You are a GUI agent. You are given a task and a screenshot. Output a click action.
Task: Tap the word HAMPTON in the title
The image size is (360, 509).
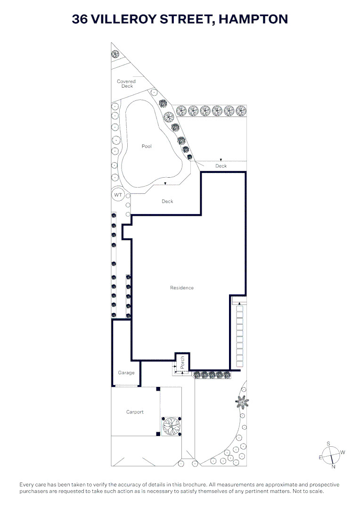[253, 19]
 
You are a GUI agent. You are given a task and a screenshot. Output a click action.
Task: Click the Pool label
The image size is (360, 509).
[147, 147]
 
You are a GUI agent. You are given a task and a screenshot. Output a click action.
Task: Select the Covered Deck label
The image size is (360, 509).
[126, 84]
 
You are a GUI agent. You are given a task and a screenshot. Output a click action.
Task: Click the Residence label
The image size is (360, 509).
[182, 287]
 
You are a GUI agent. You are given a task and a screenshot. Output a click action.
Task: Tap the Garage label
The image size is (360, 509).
[126, 373]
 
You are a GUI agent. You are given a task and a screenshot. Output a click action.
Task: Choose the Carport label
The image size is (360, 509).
[135, 412]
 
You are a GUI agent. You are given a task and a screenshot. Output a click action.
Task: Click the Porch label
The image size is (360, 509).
[182, 362]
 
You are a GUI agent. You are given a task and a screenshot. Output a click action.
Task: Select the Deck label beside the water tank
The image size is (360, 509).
[167, 201]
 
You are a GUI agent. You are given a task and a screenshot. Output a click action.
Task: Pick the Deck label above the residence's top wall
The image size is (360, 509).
[221, 166]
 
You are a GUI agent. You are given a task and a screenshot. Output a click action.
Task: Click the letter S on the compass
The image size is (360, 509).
[328, 444]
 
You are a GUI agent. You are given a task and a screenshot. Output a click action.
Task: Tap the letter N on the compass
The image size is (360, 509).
[334, 467]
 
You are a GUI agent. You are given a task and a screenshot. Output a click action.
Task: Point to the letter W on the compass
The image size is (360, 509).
[343, 452]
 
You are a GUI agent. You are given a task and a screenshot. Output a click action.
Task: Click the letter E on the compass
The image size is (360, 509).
[320, 457]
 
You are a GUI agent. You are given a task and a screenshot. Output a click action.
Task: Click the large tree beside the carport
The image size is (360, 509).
[171, 426]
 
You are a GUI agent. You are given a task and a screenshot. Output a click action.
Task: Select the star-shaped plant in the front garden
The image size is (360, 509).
[242, 402]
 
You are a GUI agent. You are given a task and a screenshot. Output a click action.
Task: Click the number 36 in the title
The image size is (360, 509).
[80, 19]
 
